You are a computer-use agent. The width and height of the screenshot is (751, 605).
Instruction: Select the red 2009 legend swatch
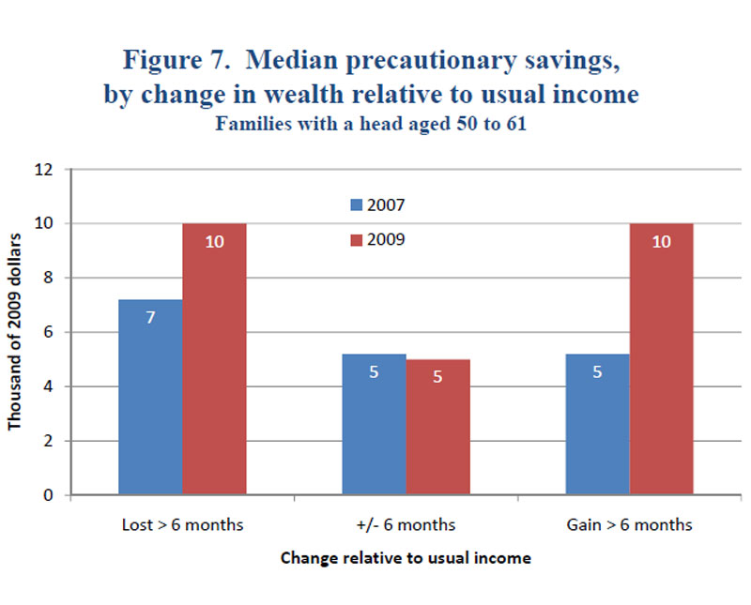[356, 240]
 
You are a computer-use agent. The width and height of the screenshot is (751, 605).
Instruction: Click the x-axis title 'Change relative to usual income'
[406, 558]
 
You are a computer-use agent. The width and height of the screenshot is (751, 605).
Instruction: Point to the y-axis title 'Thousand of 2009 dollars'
[16, 333]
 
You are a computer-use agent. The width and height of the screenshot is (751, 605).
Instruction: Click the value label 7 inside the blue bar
[150, 317]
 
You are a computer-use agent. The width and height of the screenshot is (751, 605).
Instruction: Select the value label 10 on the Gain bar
[661, 241]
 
